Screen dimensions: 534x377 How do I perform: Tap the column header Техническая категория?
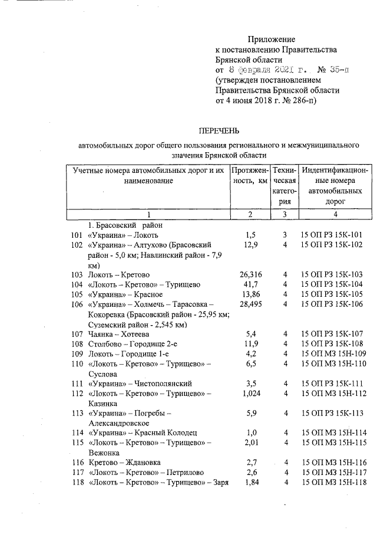[284, 186]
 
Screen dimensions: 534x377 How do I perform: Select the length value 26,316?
[250, 274]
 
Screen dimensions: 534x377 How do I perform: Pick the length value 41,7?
[250, 284]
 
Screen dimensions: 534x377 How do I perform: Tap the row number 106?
[77, 304]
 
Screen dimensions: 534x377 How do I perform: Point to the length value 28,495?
[250, 304]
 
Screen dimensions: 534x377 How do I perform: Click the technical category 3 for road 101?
[284, 235]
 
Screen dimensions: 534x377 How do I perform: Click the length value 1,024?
[250, 394]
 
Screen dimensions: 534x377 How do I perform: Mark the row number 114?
[77, 433]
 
